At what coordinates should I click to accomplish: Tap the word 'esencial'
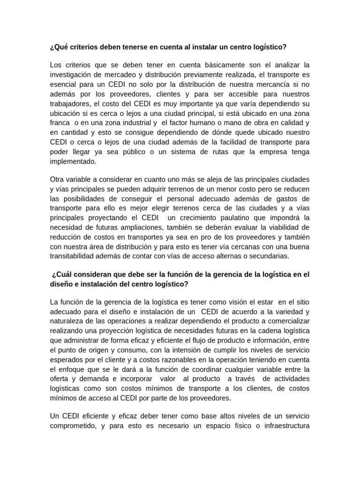tap(63, 85)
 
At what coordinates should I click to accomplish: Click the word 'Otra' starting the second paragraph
tap(57, 180)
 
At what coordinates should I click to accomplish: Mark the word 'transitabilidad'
tap(74, 256)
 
